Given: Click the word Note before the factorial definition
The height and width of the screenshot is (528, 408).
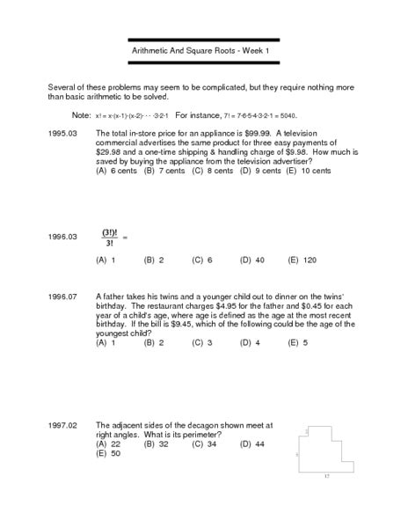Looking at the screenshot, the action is point(81,115).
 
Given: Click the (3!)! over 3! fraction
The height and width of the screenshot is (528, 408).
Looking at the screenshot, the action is point(110,237).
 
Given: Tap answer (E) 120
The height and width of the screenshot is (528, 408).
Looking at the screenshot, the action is point(302,261).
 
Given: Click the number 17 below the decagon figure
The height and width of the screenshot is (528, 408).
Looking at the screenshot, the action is point(325,476).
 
